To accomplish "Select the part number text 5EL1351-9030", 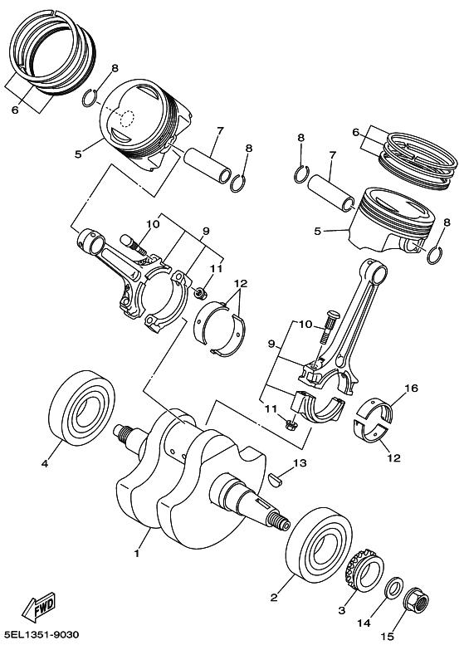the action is point(41,635).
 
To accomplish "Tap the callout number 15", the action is point(388,637).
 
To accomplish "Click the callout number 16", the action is point(412,389).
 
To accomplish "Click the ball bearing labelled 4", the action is point(82,406).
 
